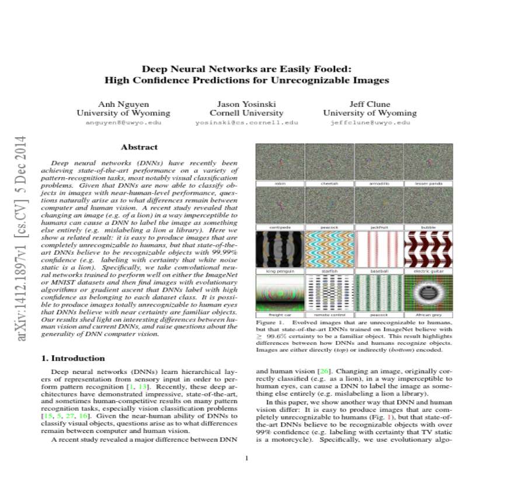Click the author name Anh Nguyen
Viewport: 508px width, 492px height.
(123, 104)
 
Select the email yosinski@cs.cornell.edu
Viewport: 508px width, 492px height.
(246, 123)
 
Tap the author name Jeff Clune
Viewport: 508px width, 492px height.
(370, 104)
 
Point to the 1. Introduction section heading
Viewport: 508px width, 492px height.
(74, 358)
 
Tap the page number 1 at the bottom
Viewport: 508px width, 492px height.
(246, 458)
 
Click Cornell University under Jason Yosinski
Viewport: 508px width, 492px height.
(246, 113)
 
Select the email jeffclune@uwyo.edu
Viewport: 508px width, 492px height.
(370, 123)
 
